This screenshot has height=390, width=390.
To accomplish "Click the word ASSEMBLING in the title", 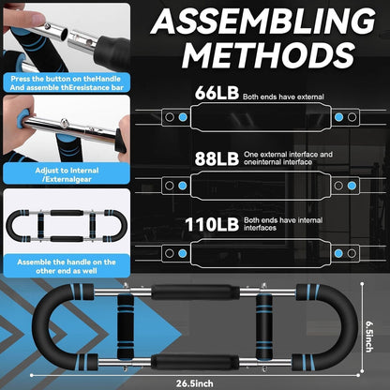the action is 263,21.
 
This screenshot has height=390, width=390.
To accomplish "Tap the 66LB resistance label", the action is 217,93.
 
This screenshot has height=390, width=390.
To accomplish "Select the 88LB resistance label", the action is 217,158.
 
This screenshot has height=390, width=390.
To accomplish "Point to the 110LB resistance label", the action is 212,225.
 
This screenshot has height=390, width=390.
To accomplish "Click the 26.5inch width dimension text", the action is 194,383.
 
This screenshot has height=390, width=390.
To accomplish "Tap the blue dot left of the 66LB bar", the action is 183,117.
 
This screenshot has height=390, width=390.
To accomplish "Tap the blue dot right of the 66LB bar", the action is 338,117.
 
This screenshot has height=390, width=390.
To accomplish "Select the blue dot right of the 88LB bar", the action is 352,186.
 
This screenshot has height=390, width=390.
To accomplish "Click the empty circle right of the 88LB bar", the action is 338,186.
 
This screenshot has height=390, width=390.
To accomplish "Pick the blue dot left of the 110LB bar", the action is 183,253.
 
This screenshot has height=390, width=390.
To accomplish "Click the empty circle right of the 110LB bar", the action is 352,253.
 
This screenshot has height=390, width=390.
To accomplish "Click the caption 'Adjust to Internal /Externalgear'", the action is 67,174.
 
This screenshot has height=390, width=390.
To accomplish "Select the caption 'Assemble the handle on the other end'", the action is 67,266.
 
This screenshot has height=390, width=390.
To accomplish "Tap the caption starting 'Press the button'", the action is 67,83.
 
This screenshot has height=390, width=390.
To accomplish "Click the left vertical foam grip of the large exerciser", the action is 126,326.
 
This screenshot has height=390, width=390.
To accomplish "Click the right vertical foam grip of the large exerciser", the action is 264,326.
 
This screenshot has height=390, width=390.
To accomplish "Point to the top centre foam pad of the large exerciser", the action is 196,292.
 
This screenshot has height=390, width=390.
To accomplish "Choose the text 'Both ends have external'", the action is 283,97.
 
